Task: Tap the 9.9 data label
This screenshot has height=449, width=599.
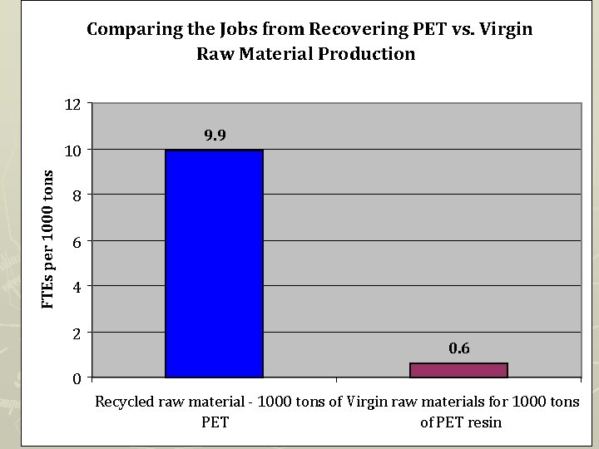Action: [x=215, y=135]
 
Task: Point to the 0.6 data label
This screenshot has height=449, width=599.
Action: [x=459, y=348]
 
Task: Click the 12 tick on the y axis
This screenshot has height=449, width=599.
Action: [x=72, y=105]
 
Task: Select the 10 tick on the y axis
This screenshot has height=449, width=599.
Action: [x=72, y=150]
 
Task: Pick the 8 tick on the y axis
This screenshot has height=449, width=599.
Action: [x=76, y=196]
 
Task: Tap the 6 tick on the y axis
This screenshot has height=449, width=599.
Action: [x=76, y=242]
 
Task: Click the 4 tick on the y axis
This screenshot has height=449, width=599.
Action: [x=76, y=288]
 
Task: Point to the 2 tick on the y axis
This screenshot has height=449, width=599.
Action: [x=76, y=333]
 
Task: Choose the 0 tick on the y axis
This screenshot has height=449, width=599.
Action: [x=76, y=379]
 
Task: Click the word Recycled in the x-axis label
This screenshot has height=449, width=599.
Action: [x=125, y=402]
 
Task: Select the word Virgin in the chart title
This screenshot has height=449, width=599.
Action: [x=504, y=30]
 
